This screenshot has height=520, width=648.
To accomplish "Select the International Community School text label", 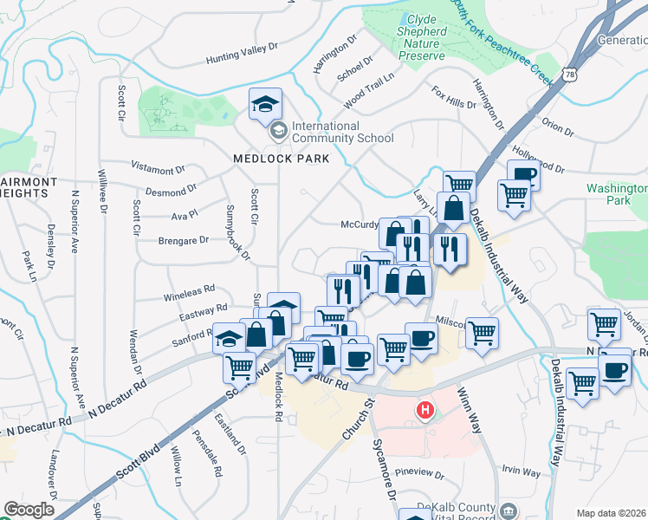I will [342, 132].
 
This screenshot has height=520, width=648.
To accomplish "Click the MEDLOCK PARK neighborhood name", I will [269, 159].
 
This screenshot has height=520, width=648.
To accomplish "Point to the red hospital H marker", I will [424, 410].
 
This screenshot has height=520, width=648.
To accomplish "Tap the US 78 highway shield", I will [569, 75].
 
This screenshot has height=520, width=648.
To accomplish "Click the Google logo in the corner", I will [29, 510].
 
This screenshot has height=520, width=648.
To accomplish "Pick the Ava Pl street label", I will [185, 212].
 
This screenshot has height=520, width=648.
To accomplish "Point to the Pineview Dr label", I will [418, 475].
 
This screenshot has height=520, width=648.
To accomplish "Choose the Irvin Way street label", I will [521, 473].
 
